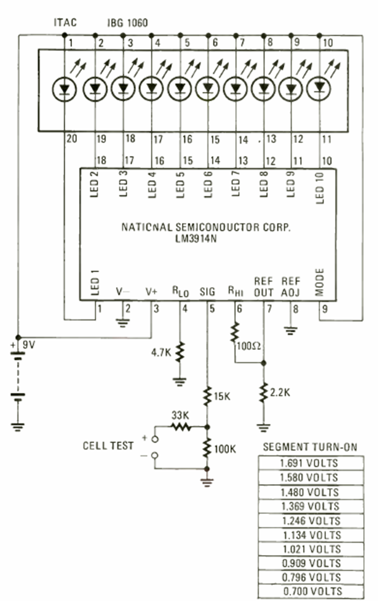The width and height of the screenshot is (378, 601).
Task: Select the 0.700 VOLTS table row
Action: [308, 591]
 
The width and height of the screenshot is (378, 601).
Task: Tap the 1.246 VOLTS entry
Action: [308, 520]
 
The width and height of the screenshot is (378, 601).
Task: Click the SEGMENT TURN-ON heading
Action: [310, 447]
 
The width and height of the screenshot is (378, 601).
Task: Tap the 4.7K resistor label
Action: [161, 354]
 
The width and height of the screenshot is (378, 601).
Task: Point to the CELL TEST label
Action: [109, 446]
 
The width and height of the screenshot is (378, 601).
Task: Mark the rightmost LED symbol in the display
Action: [320, 88]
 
